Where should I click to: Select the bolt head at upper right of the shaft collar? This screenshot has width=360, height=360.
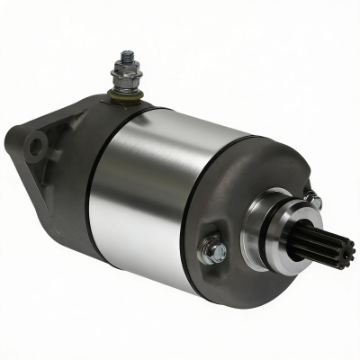tap(312, 201)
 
